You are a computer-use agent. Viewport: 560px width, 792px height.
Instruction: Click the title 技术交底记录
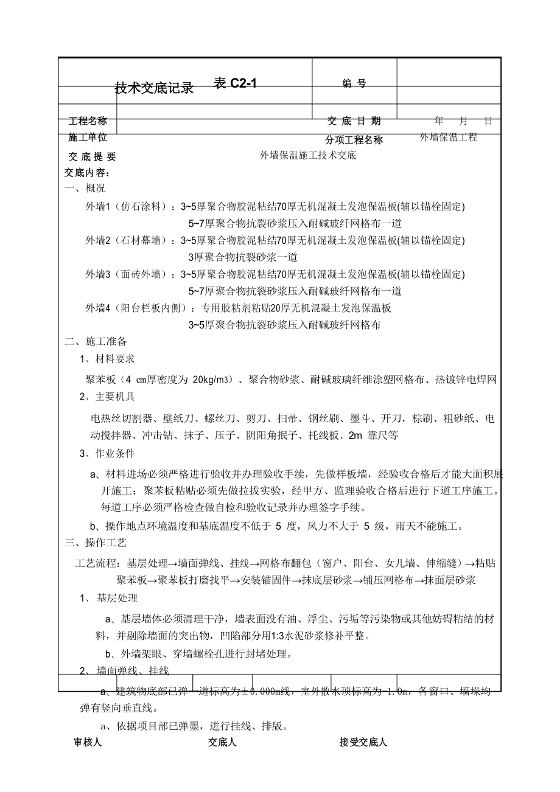[x=154, y=88]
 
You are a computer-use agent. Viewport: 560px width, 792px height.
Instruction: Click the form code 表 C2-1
[x=236, y=84]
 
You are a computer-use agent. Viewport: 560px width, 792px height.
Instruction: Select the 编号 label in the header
[x=354, y=84]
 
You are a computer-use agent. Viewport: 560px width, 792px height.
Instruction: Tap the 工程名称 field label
[x=88, y=121]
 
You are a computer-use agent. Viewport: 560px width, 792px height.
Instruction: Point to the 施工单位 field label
[x=88, y=137]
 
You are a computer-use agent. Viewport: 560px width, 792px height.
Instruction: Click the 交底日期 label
[x=354, y=121]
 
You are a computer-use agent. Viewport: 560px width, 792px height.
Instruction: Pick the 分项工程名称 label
[x=354, y=140]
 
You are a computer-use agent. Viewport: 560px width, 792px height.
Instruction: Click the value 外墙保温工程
[x=449, y=137]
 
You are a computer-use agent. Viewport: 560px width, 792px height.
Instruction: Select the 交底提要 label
[x=91, y=156]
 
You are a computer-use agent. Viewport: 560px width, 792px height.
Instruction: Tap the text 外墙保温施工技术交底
[x=308, y=155]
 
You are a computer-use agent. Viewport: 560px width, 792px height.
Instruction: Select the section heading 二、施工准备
[x=96, y=342]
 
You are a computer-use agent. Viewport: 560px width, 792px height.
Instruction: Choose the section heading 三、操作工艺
[x=96, y=543]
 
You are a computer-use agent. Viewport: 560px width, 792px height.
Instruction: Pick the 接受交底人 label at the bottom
[x=363, y=742]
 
